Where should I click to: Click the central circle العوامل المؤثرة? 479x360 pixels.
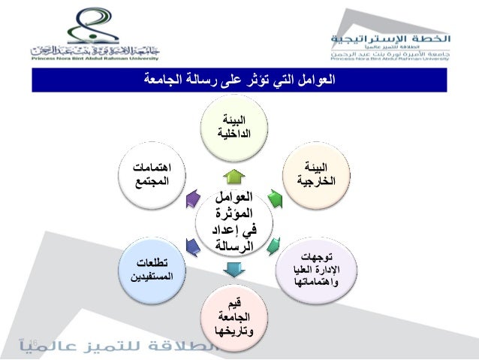(233, 221)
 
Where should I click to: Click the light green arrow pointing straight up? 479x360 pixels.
(233, 177)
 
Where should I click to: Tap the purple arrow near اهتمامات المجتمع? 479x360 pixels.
(192, 199)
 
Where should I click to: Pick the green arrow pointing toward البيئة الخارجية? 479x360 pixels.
(273, 198)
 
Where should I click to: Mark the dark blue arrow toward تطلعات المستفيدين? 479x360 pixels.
(192, 244)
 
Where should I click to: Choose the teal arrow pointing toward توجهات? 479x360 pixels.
(274, 244)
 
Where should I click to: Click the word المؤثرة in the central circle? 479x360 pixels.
(233, 213)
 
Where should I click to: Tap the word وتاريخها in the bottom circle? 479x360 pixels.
(233, 331)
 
